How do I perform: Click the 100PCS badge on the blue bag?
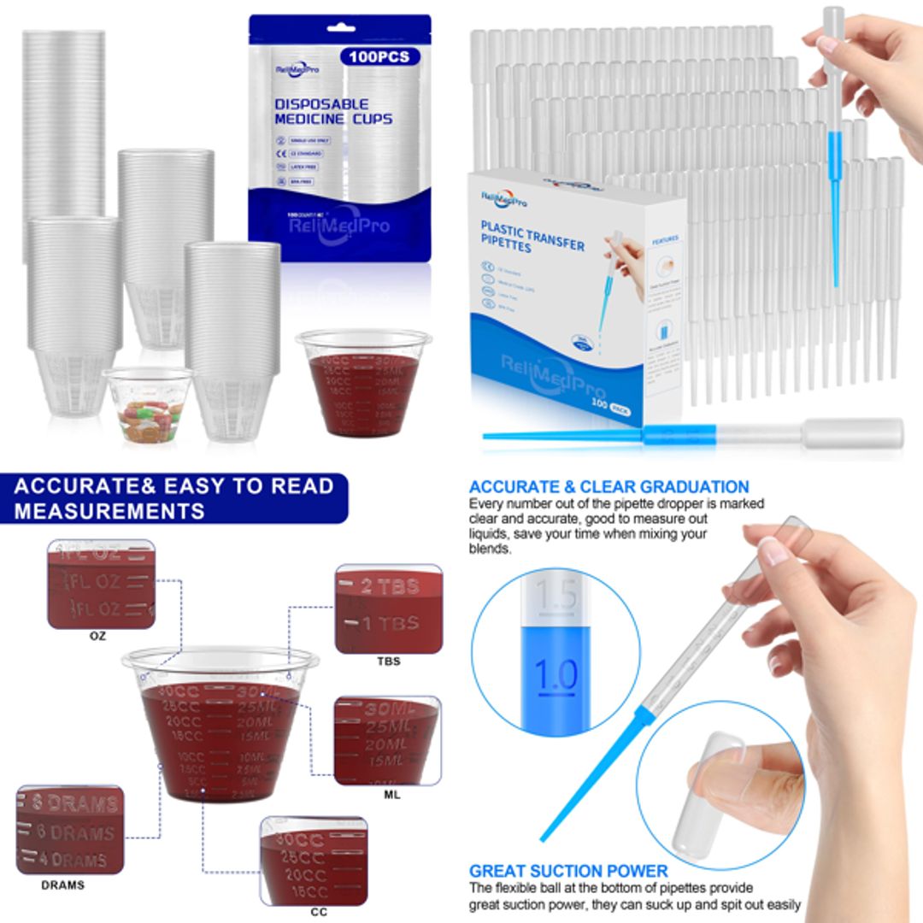pos(379,57)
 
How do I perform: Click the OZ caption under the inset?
pos(98,636)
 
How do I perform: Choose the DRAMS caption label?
pos(63,885)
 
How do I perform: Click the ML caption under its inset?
pos(392,794)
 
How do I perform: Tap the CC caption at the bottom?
pos(319,912)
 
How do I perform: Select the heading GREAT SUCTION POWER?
pos(568,871)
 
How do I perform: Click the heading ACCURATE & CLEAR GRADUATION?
pos(608,487)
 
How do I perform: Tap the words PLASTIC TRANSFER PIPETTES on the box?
pos(532,236)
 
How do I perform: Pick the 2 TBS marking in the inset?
pos(389,586)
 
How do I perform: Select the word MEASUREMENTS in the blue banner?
pos(109,511)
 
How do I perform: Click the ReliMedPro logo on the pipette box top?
pos(504,198)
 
